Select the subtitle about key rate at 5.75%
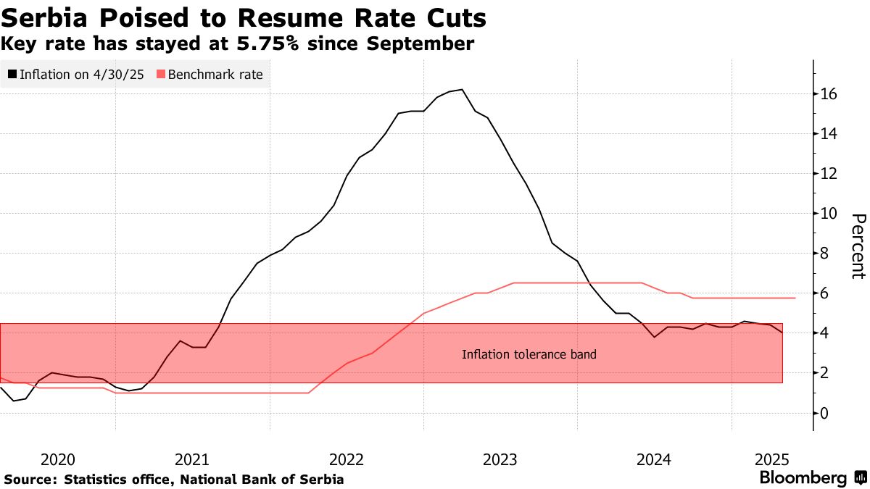pyautogui.click(x=238, y=44)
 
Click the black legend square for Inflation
pyautogui.click(x=12, y=74)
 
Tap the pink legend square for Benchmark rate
pyautogui.click(x=160, y=74)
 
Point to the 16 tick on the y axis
pyautogui.click(x=829, y=94)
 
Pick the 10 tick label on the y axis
pyautogui.click(x=829, y=214)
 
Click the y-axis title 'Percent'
pyautogui.click(x=858, y=246)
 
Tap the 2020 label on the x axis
pyautogui.click(x=58, y=459)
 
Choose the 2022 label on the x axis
pyautogui.click(x=346, y=459)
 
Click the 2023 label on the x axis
pyautogui.click(x=500, y=459)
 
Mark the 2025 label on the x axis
pyautogui.click(x=771, y=459)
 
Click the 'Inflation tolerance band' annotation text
pyautogui.click(x=529, y=354)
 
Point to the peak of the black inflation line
pyautogui.click(x=462, y=90)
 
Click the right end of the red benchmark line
pyautogui.click(x=795, y=298)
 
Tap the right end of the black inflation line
pyautogui.click(x=782, y=333)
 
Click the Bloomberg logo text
pyautogui.click(x=803, y=478)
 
